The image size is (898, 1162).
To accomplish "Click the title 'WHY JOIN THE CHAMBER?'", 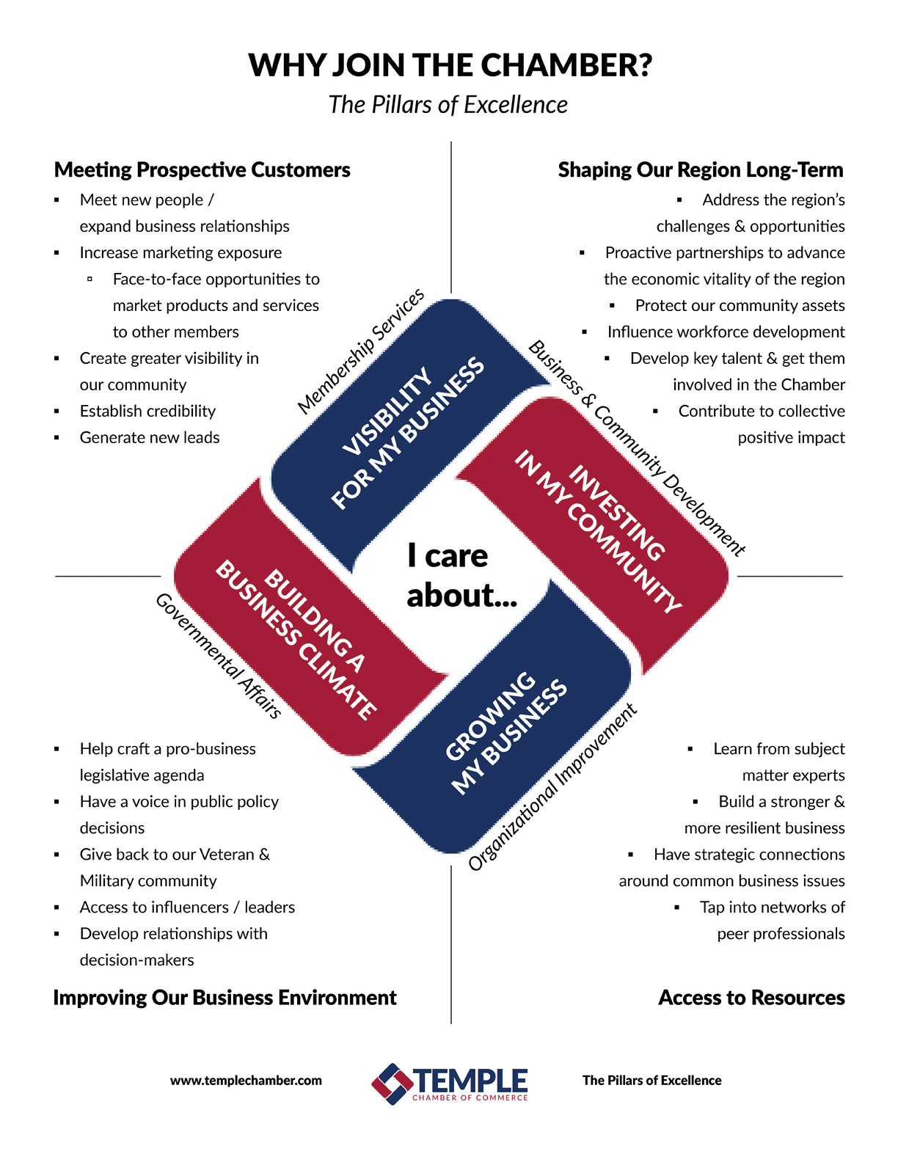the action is [x=450, y=65].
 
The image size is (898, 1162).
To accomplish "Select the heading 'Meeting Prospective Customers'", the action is [x=202, y=170].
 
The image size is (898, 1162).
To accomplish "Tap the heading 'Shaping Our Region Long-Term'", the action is [x=701, y=170].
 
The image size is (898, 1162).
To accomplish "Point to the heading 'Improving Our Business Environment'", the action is [x=224, y=998].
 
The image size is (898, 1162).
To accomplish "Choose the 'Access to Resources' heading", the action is [x=751, y=998].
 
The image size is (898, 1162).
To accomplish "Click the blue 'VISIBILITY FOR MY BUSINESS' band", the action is [x=406, y=433].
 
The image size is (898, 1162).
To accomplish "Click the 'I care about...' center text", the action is [x=461, y=575].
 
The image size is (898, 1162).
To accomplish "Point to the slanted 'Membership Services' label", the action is [x=361, y=351].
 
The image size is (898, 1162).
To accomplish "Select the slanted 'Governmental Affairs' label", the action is [x=218, y=656].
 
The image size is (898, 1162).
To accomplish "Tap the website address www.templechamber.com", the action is [x=246, y=1081].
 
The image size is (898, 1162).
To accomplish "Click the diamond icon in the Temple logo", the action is [x=392, y=1084].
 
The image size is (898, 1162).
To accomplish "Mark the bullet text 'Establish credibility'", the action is [x=147, y=412].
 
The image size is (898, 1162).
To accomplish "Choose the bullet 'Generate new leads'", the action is [x=150, y=437].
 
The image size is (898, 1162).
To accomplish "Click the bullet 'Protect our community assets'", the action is [x=740, y=305].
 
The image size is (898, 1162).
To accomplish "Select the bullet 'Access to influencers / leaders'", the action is [x=187, y=907].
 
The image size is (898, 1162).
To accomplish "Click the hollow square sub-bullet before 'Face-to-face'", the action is [x=90, y=279].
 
